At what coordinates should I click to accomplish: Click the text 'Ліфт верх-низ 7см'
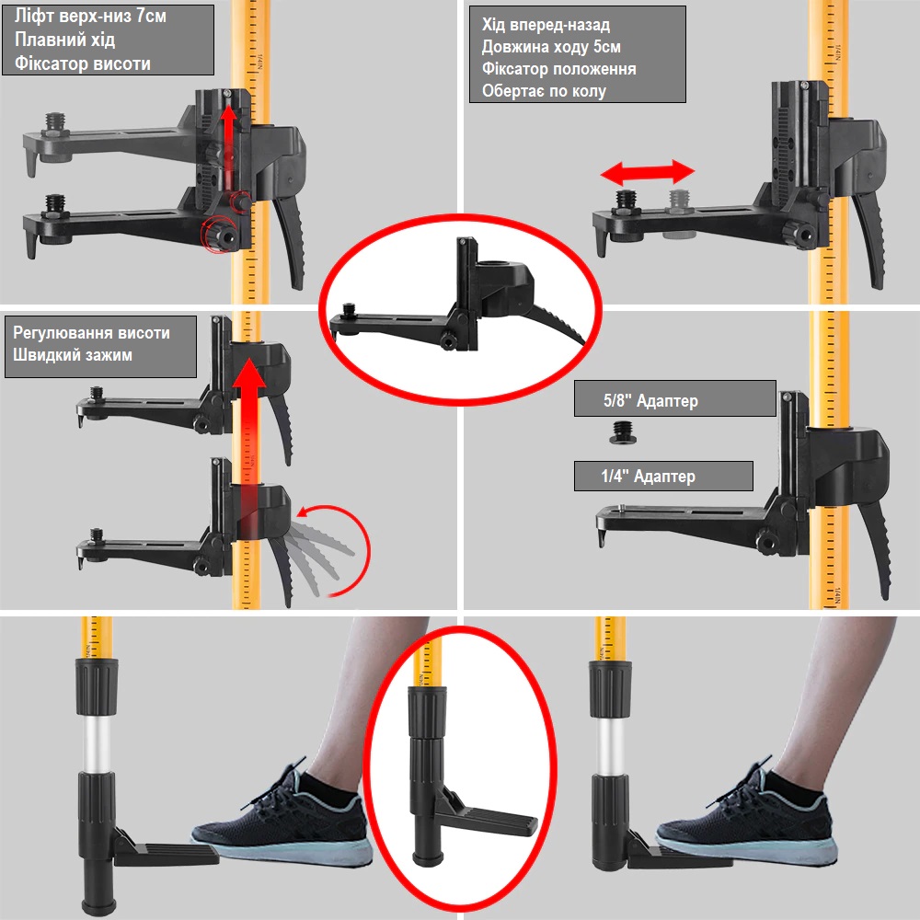click(90, 16)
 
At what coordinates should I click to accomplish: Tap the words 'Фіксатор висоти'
click(83, 63)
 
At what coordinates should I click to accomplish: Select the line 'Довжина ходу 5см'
click(551, 46)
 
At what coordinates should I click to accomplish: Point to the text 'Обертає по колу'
click(544, 91)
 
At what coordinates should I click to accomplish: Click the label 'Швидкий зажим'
click(73, 354)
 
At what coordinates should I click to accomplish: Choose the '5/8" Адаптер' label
click(650, 400)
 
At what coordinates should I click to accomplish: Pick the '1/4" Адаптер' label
click(648, 476)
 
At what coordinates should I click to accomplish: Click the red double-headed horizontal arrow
click(647, 173)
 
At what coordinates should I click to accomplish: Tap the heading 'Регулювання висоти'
click(91, 333)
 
